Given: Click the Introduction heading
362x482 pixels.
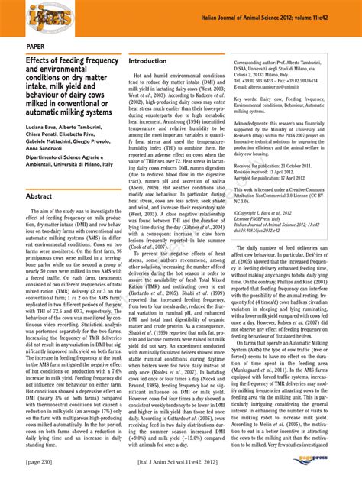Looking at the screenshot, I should coord(147,61).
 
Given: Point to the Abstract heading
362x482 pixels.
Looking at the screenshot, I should coord(39,196).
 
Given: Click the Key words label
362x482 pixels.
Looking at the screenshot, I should coord(249,99).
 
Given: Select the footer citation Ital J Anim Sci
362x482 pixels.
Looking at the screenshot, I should coord(181,463).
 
